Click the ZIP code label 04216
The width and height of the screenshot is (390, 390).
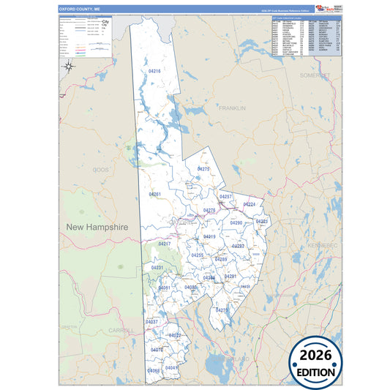click(x=154, y=71)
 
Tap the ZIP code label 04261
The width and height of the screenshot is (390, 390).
click(x=154, y=195)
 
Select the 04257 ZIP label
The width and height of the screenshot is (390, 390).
click(x=226, y=198)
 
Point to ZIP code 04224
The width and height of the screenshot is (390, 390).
click(x=250, y=204)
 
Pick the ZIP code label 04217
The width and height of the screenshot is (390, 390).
click(x=165, y=244)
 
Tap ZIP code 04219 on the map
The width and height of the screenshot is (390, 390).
click(x=209, y=237)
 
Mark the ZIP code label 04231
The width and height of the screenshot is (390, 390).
click(x=157, y=269)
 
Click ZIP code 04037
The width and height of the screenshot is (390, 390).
click(x=151, y=322)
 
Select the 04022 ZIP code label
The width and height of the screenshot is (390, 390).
click(x=175, y=335)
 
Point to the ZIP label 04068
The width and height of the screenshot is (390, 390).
click(x=154, y=371)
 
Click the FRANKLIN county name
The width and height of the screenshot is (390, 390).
click(x=231, y=108)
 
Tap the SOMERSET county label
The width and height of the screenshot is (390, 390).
click(x=315, y=75)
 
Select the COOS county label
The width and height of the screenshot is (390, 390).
click(x=100, y=169)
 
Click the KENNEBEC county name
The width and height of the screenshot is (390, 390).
click(x=322, y=245)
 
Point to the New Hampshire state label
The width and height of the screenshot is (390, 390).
click(x=97, y=228)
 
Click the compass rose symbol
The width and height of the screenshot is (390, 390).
click(x=67, y=67)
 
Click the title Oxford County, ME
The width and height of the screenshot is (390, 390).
click(x=80, y=10)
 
